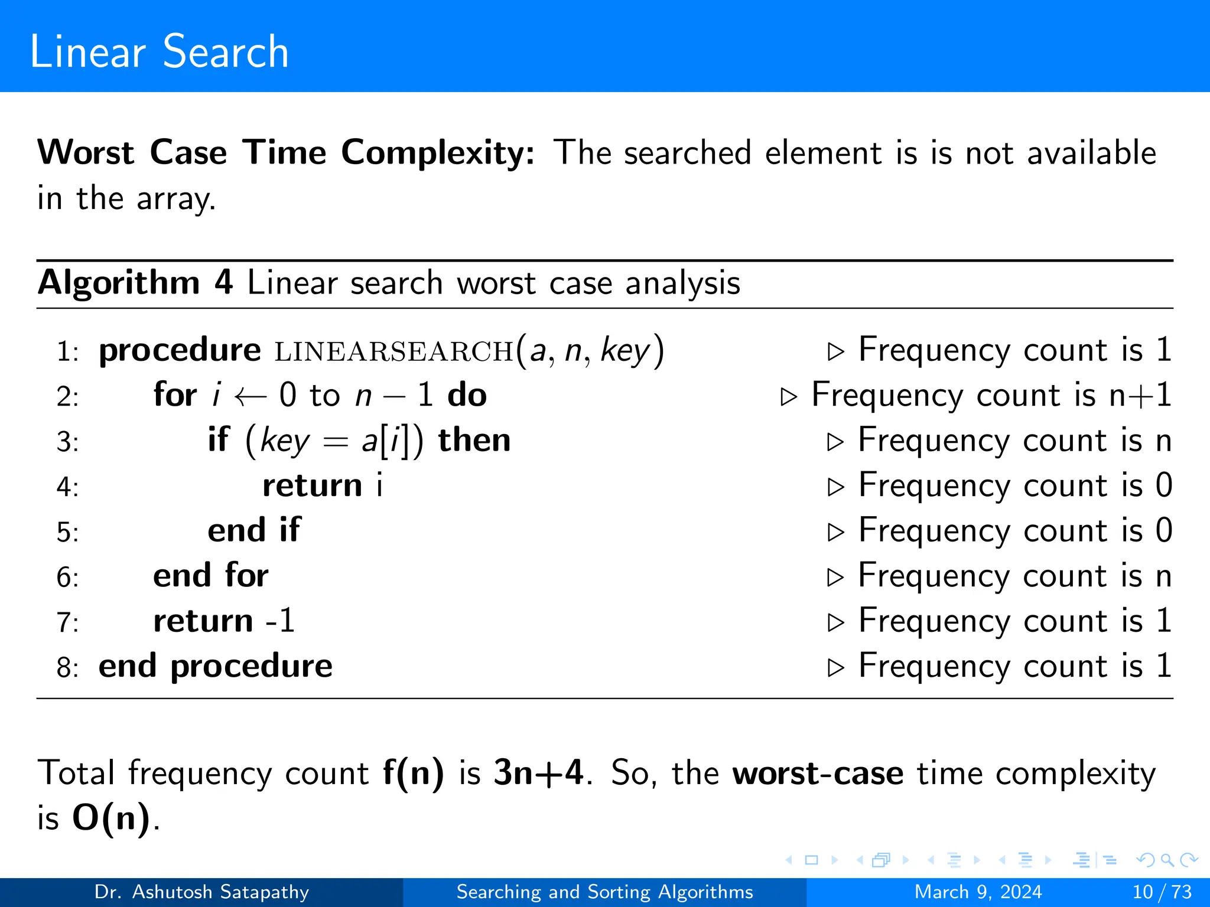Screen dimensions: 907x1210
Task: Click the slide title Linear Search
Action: pos(159,52)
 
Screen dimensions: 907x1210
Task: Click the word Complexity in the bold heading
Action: pos(438,154)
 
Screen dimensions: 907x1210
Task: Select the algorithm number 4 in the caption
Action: pos(223,282)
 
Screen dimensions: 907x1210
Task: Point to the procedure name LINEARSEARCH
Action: pos(394,351)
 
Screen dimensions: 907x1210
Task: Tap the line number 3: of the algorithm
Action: pos(67,442)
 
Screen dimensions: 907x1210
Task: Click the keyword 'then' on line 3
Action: pos(474,441)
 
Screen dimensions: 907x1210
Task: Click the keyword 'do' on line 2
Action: pos(467,395)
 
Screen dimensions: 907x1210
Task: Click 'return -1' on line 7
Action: pos(224,621)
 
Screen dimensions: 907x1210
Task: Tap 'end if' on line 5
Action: pos(254,530)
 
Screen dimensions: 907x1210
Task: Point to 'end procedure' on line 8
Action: pos(216,667)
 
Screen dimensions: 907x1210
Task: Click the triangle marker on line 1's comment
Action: pos(835,351)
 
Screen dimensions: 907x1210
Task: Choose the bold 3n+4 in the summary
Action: pos(538,773)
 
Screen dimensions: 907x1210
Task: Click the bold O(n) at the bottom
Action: pos(112,818)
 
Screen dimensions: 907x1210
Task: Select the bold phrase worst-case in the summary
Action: pos(818,773)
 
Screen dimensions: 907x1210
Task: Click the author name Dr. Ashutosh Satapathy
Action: pos(201,892)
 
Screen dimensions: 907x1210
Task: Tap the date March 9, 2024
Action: pos(978,892)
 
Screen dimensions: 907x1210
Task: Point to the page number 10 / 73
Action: pos(1162,892)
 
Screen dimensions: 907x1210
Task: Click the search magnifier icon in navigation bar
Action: pos(1167,860)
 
